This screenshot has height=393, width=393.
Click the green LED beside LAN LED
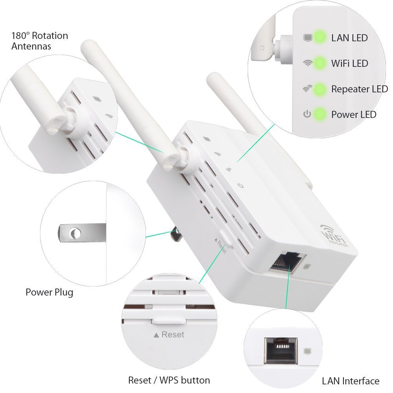tap(320, 38)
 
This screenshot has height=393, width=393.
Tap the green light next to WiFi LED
tap(320, 63)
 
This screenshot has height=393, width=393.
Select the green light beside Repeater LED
tap(320, 89)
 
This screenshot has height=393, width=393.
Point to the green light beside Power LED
tap(320, 114)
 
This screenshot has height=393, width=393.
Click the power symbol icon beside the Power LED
tap(307, 114)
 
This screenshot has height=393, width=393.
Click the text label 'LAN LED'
tap(349, 38)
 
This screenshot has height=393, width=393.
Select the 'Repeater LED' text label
tap(359, 89)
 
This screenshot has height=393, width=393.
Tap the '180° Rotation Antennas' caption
tap(39, 41)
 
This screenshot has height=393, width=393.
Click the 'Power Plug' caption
tap(49, 292)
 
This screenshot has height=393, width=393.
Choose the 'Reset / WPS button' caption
tap(169, 380)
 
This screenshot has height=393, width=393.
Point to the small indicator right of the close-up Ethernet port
tap(308, 350)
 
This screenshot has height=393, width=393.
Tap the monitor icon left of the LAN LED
tap(307, 38)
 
